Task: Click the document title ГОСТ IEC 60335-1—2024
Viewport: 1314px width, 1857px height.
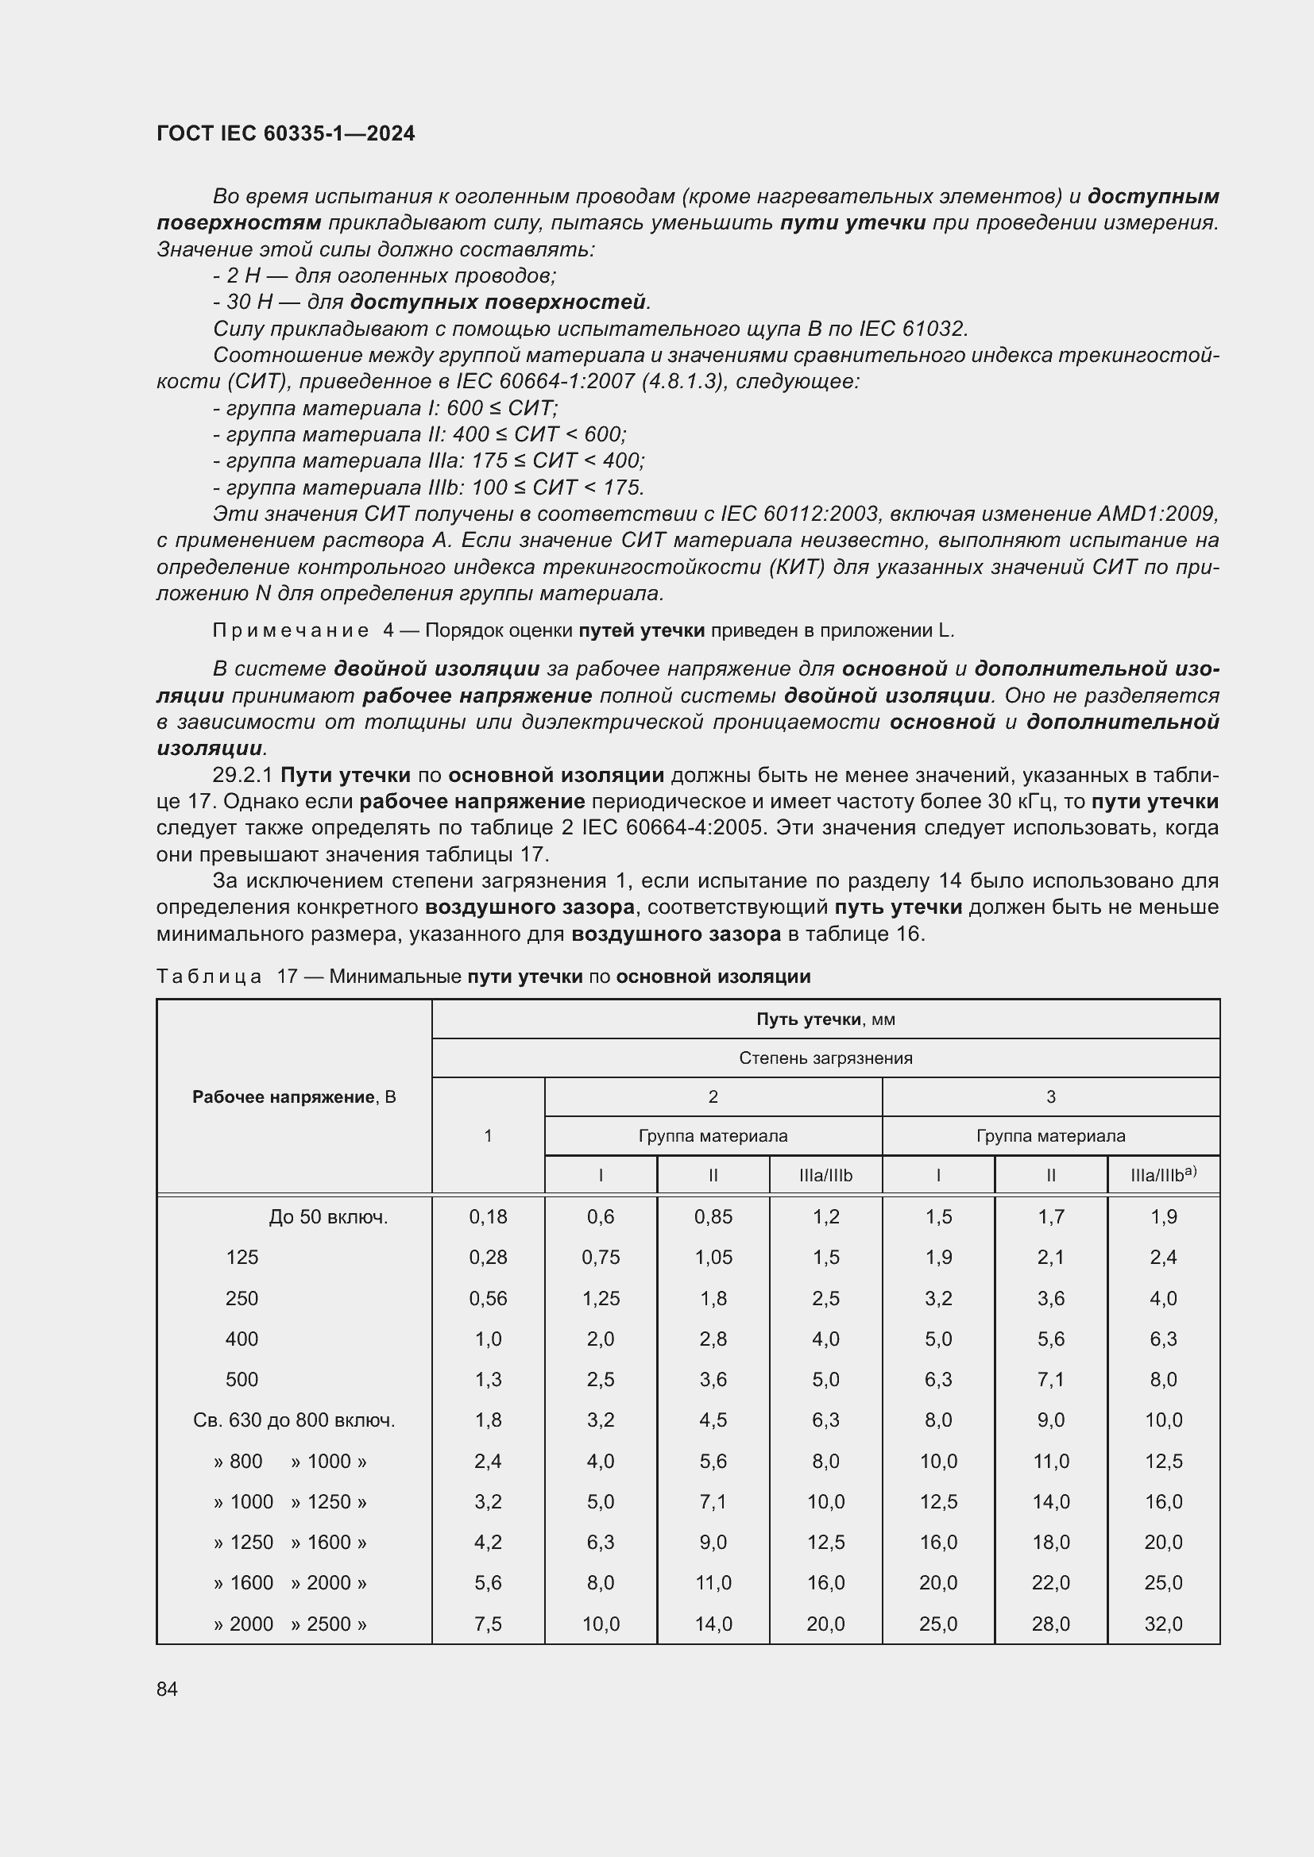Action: [286, 133]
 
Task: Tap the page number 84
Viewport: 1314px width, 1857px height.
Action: [167, 1689]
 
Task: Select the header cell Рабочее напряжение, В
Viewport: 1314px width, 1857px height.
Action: [294, 1096]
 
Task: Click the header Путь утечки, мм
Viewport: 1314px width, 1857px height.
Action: [825, 1019]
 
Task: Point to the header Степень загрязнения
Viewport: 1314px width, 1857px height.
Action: [825, 1058]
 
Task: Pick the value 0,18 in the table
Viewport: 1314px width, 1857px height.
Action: [488, 1216]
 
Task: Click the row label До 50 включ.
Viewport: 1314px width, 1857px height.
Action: [329, 1216]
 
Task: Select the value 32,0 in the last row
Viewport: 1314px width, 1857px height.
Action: [1163, 1624]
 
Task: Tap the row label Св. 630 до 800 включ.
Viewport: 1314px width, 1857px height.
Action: [294, 1420]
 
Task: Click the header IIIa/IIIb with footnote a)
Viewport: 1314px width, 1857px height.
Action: [1163, 1174]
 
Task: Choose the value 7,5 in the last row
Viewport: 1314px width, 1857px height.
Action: [488, 1624]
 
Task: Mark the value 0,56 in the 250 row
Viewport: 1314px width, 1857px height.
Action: [488, 1298]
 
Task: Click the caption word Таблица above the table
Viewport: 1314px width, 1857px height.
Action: [209, 977]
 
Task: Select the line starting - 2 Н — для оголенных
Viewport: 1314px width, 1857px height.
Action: [385, 275]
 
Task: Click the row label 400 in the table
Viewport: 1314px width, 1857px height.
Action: [242, 1339]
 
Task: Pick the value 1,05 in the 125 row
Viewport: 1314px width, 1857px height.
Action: [713, 1257]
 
